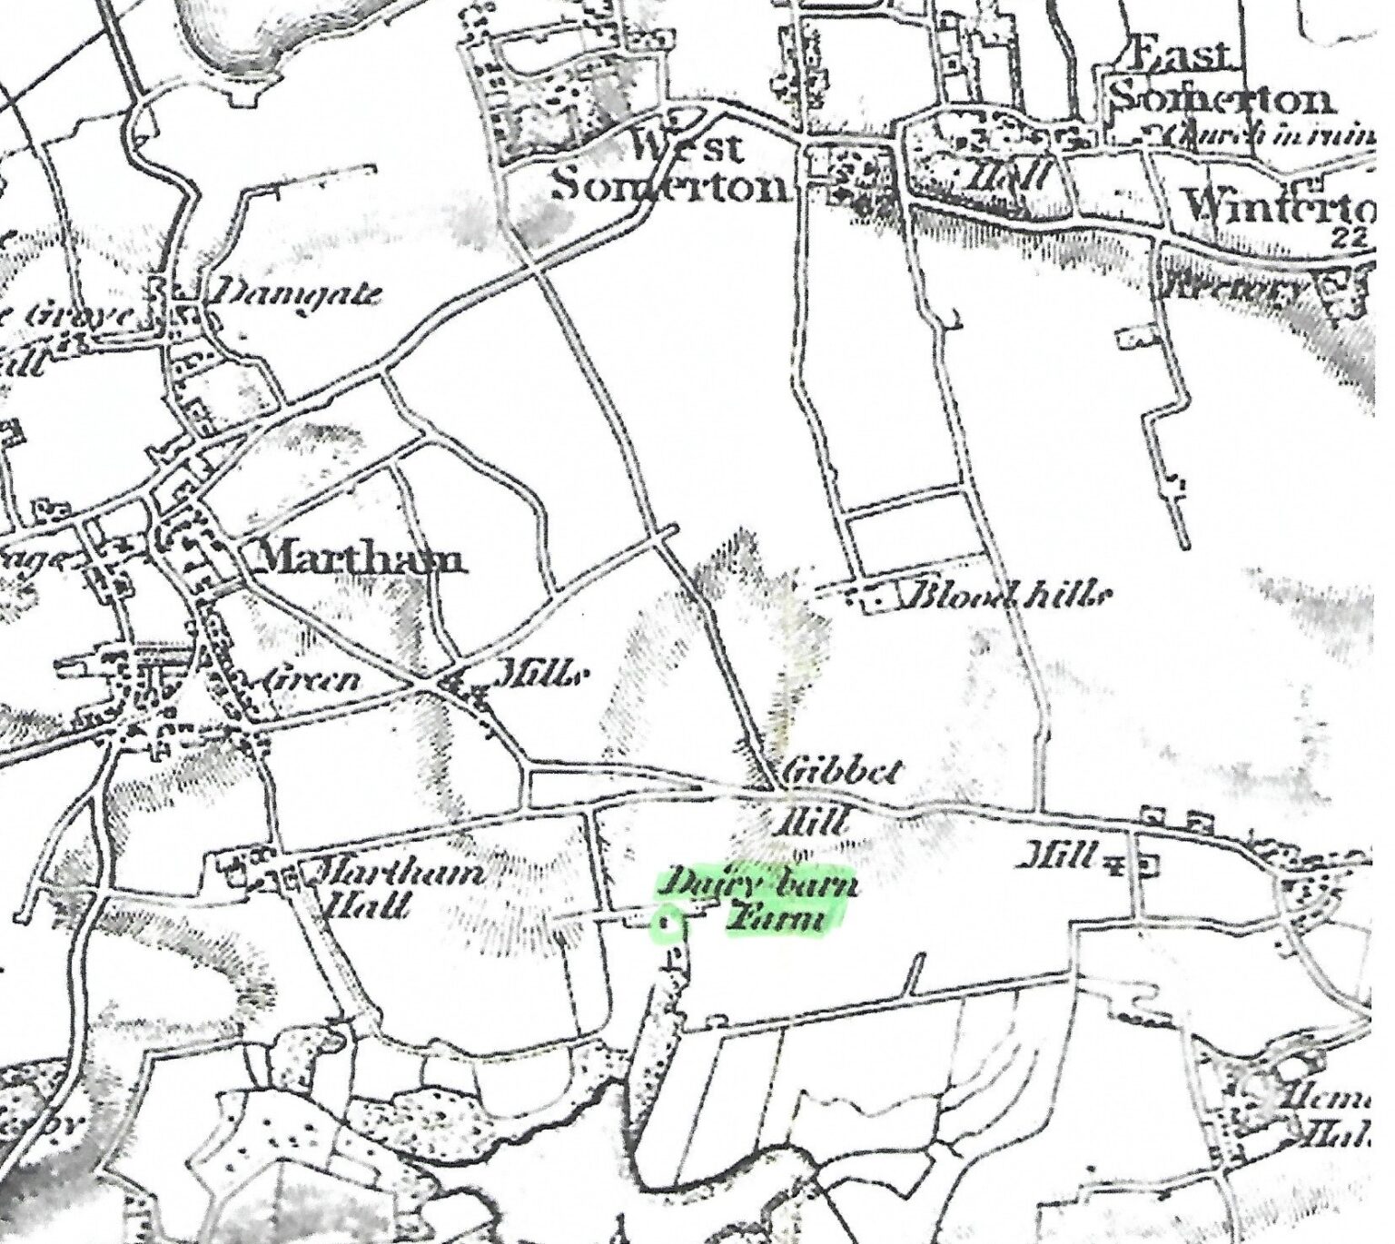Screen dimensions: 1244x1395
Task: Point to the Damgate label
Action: (292, 292)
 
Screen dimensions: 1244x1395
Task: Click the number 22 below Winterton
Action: (1352, 238)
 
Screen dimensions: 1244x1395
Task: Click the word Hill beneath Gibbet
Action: (814, 823)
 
